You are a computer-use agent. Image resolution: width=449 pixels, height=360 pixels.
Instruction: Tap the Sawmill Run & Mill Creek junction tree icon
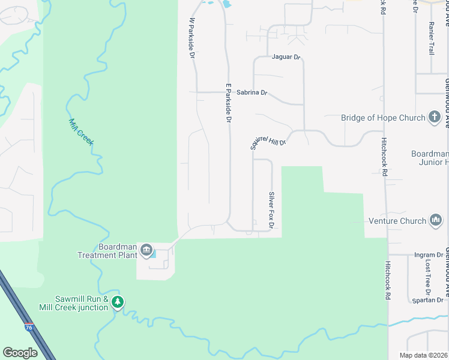pyautogui.click(x=118, y=302)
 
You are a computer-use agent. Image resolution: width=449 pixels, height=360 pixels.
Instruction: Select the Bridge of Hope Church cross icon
pyautogui.click(x=435, y=118)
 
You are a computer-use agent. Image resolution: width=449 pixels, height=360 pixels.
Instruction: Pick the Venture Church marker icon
pyautogui.click(x=435, y=221)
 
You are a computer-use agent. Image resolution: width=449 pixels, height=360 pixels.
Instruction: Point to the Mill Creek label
pyautogui.click(x=80, y=131)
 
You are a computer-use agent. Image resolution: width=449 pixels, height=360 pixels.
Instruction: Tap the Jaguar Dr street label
pyautogui.click(x=285, y=57)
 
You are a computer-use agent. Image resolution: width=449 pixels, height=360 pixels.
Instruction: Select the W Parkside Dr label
pyautogui.click(x=193, y=38)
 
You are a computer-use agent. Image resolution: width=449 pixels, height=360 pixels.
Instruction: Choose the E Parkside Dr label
pyautogui.click(x=228, y=103)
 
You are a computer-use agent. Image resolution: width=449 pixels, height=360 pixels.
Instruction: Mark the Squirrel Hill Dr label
pyautogui.click(x=268, y=139)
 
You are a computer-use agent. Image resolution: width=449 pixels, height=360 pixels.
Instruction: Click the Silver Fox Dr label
pyautogui.click(x=271, y=209)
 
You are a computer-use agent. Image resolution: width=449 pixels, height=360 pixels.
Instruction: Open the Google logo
pyautogui.click(x=20, y=352)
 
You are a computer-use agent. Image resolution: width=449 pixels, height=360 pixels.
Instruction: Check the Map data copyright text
pyautogui.click(x=423, y=355)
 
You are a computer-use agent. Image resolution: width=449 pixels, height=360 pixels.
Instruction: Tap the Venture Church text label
pyautogui.click(x=397, y=221)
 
